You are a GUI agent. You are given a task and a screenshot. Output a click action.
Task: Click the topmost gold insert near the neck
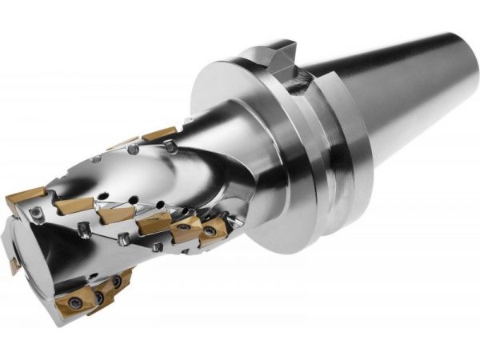160,134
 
